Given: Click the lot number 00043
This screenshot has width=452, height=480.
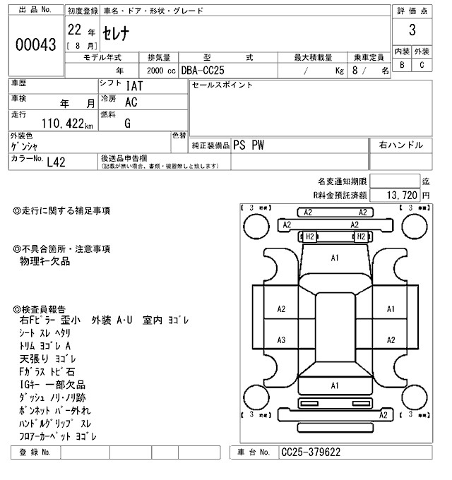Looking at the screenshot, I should pyautogui.click(x=35, y=44).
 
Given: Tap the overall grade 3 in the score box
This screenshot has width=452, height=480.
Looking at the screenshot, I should pyautogui.click(x=412, y=31).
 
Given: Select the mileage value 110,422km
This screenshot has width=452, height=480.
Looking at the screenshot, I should pyautogui.click(x=67, y=124).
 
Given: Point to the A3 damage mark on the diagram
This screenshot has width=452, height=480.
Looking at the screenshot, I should pyautogui.click(x=281, y=340).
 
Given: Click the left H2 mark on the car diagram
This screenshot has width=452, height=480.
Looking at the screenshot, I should pyautogui.click(x=310, y=236).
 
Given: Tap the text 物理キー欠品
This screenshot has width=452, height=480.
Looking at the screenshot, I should pyautogui.click(x=45, y=261).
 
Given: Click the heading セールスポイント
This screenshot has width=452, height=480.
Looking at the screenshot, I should pyautogui.click(x=222, y=85).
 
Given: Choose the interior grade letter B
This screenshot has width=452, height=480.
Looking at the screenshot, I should pyautogui.click(x=403, y=66).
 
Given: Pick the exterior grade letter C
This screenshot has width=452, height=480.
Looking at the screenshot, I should pyautogui.click(x=422, y=66).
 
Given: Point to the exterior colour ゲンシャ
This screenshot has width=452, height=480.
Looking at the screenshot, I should pyautogui.click(x=25, y=146).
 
